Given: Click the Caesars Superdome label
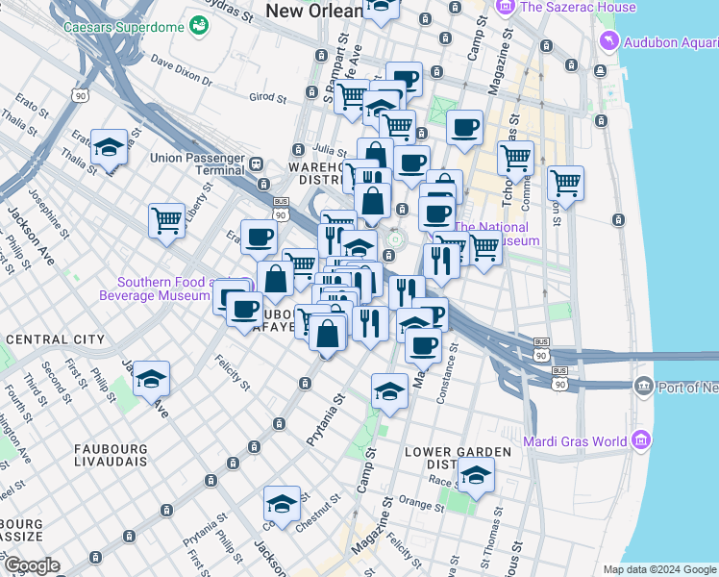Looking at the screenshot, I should [124, 26].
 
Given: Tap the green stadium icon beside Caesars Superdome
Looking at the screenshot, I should [199, 25].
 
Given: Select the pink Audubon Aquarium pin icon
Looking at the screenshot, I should [607, 41].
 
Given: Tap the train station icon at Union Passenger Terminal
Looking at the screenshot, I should [258, 164].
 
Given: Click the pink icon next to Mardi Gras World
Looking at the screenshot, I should [641, 440].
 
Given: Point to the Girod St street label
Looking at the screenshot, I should [268, 97].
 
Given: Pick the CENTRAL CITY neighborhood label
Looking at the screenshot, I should [55, 339].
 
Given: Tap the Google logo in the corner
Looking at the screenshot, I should [31, 565].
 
